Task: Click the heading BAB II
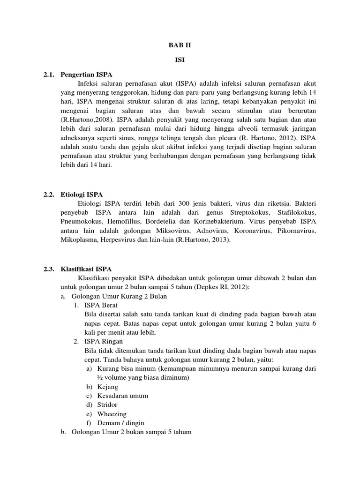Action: point(180,45)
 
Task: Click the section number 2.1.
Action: point(49,75)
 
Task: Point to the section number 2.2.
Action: point(49,194)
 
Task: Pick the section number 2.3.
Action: point(49,269)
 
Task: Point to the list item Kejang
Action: point(108,387)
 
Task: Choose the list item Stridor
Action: point(107,405)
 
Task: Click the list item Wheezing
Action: point(111,414)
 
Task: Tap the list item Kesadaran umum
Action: point(120,396)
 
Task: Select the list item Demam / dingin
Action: point(120,423)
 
